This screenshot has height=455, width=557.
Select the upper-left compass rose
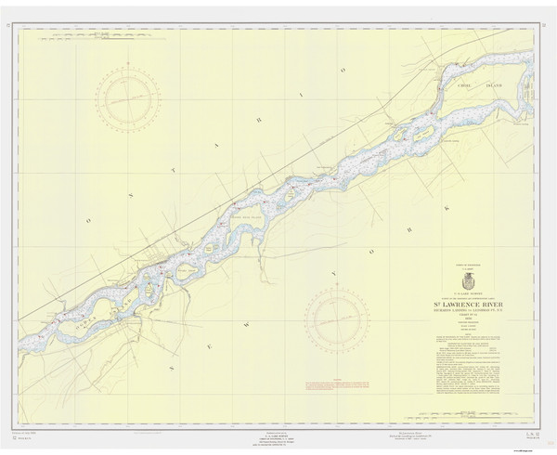coord(128,99)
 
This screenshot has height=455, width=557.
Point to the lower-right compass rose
coord(337,318)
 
